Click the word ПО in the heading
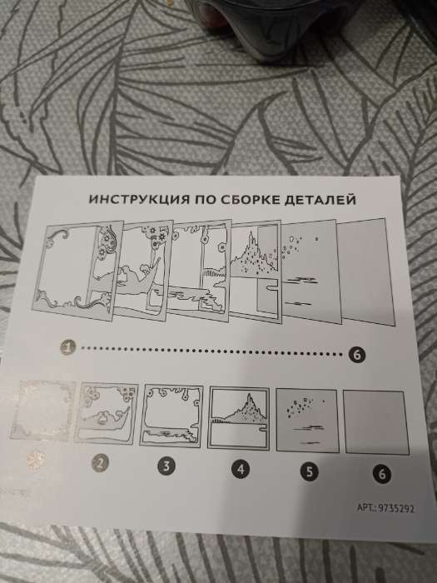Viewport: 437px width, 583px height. (x=206, y=199)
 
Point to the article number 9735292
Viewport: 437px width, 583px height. (x=396, y=508)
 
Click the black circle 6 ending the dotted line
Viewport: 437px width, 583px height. (x=357, y=355)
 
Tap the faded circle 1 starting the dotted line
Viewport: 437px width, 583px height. (x=67, y=347)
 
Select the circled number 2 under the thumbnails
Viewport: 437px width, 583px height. (x=100, y=463)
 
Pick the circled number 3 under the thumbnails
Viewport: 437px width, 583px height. (x=166, y=466)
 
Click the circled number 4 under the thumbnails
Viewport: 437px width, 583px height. (x=241, y=469)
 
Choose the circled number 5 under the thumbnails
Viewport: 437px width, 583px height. (x=309, y=471)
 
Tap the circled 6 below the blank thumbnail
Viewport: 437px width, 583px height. (x=382, y=474)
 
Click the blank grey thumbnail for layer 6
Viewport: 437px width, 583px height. (x=375, y=422)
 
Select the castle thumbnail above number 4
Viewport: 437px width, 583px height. (x=238, y=418)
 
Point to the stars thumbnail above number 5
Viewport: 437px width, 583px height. (x=307, y=420)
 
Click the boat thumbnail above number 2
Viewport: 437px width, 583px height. (x=106, y=413)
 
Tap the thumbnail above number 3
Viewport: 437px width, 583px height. (x=171, y=416)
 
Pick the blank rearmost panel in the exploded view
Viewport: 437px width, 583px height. (x=365, y=272)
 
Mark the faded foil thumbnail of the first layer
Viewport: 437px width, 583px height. (x=42, y=411)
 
